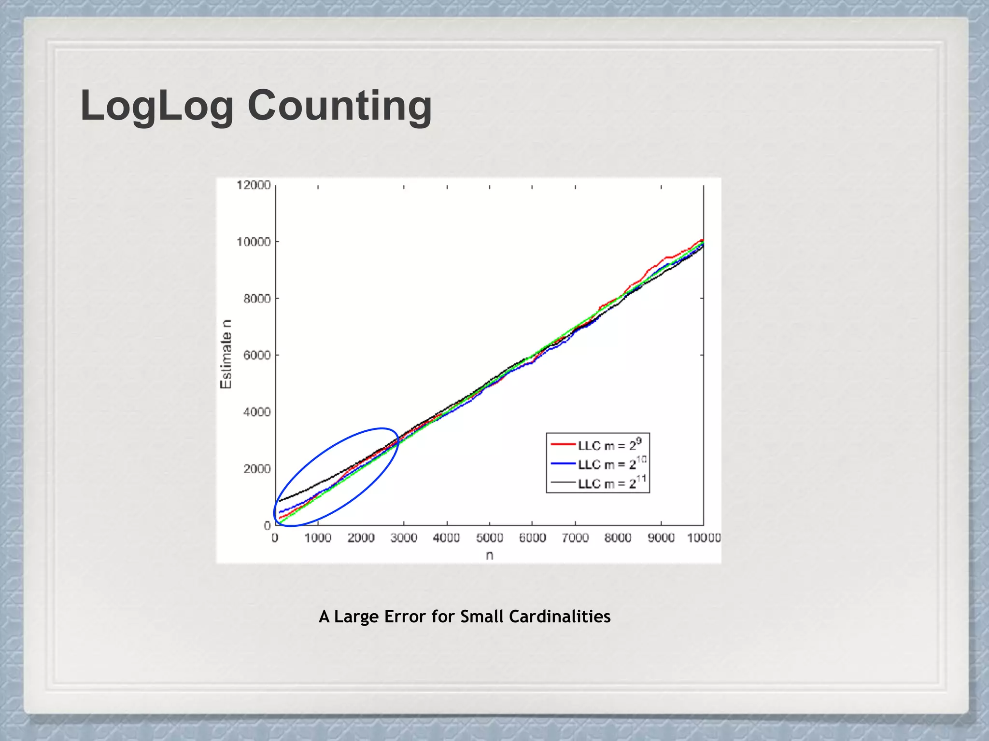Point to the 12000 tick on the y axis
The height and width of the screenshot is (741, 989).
[x=254, y=185]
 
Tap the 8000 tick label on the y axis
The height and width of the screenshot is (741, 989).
[x=257, y=299]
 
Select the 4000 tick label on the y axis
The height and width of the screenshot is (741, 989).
[x=257, y=412]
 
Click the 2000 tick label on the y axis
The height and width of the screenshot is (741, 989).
[x=257, y=469]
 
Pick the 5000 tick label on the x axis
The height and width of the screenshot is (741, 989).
[x=489, y=538]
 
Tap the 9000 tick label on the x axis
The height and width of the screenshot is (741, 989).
[x=661, y=538]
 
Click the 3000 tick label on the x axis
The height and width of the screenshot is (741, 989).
[x=404, y=538]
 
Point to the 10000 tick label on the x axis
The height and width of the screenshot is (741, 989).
[x=704, y=538]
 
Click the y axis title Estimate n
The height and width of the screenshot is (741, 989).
[x=226, y=354]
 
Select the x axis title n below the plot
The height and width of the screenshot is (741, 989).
[x=489, y=556]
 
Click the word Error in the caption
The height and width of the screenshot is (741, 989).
[x=405, y=617]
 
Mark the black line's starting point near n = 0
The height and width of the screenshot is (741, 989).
[x=279, y=502]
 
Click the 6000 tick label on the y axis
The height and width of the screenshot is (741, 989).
[x=257, y=356]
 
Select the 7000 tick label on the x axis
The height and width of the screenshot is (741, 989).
[x=575, y=538]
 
